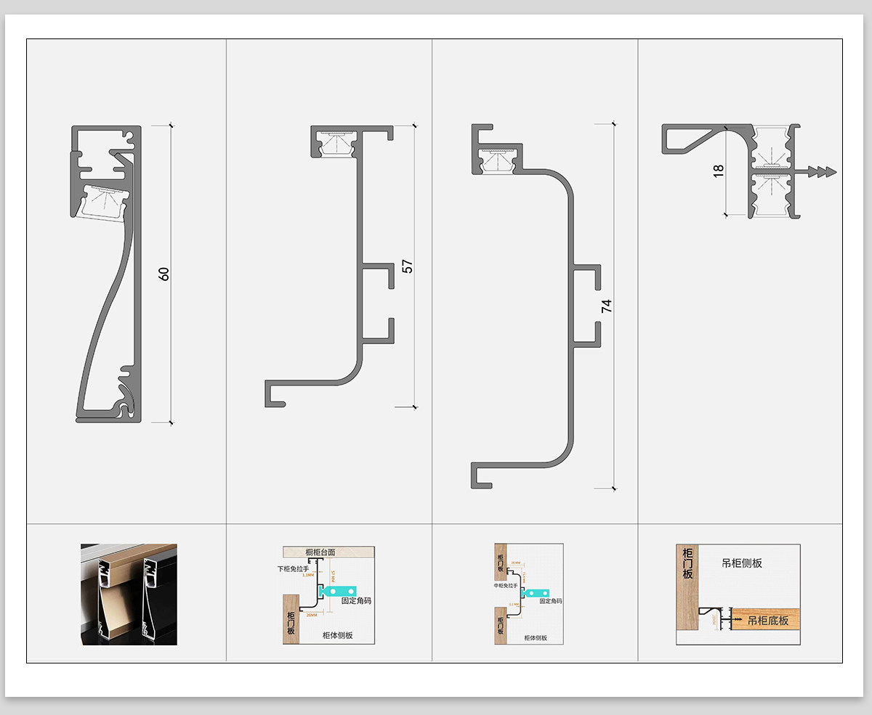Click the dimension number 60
(164, 274)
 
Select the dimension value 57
(408, 266)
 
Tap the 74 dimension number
(607, 306)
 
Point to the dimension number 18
(719, 171)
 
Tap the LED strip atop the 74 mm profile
(498, 158)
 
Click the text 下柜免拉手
(293, 568)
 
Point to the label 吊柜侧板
(742, 563)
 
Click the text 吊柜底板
(768, 620)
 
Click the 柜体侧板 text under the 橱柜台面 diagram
(338, 635)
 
